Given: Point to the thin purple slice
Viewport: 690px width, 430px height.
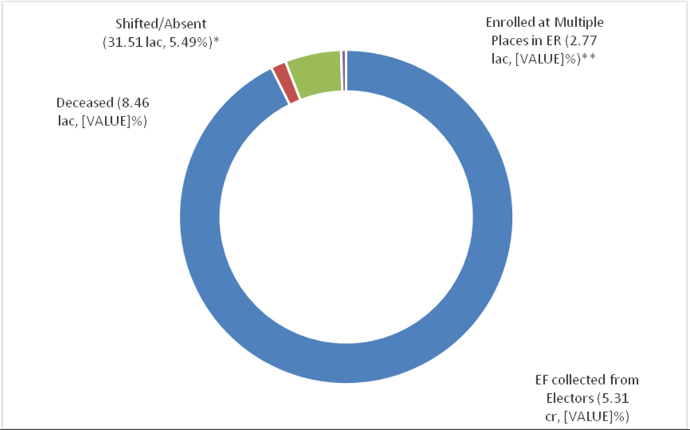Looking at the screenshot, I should (x=343, y=70).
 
